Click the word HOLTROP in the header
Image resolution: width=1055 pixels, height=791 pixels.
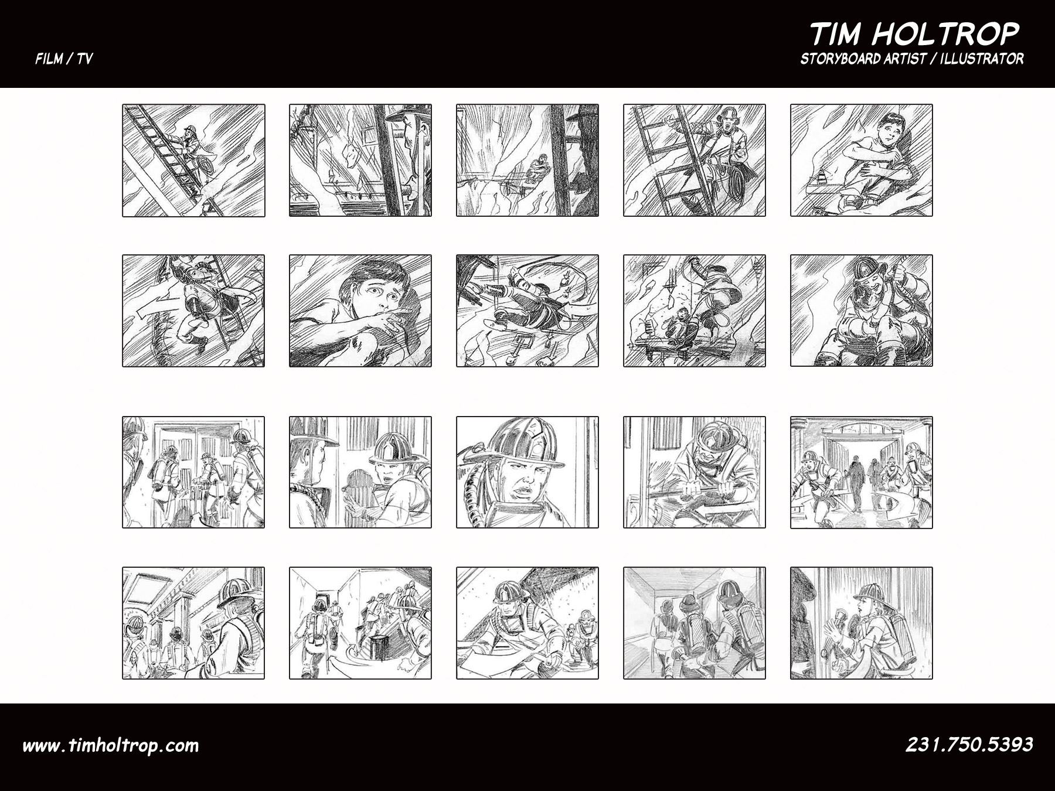[x=946, y=34]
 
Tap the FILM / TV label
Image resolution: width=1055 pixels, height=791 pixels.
[x=64, y=59]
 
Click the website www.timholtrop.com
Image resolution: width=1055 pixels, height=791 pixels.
[x=111, y=745]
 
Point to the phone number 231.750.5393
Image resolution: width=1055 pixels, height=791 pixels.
[x=969, y=744]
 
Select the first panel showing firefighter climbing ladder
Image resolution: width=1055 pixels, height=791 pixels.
[x=193, y=161]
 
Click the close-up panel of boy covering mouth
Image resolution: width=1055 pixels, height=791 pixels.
[x=360, y=311]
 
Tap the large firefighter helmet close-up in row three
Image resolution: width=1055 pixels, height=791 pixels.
[x=527, y=472]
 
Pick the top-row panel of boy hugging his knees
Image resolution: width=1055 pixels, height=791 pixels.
[x=862, y=161]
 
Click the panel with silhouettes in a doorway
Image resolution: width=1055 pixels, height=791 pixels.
[x=862, y=472]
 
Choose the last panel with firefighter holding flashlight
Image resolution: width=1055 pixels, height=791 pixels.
[x=862, y=623]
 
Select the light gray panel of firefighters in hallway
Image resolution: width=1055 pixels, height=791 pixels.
[x=695, y=623]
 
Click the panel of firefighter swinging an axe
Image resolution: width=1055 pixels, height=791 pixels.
[x=695, y=472]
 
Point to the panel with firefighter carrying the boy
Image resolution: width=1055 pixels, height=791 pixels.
[x=862, y=311]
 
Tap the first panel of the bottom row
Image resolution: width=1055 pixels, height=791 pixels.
[x=193, y=623]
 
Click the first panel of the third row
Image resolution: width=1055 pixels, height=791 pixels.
[x=193, y=472]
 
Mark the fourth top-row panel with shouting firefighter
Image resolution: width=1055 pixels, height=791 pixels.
[x=695, y=161]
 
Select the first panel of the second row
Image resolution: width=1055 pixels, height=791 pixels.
[x=193, y=311]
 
